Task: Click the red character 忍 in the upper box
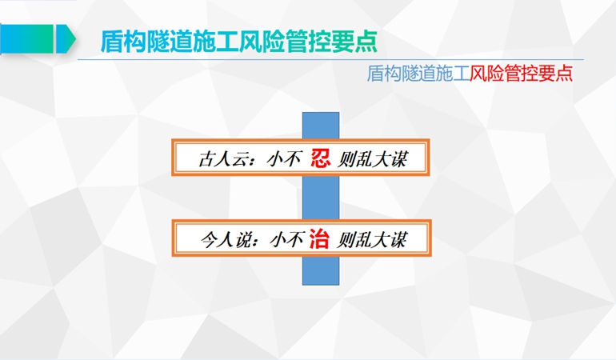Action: coord(320,158)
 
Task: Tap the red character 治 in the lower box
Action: coord(319,239)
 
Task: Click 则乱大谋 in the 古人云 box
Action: coord(373,159)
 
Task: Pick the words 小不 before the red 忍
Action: coord(284,159)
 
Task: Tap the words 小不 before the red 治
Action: coord(287,239)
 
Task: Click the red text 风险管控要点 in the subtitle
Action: coord(522,73)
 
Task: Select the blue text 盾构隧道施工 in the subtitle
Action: coord(418,73)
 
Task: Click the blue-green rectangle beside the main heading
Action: coord(26,38)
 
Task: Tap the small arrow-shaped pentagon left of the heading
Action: coord(66,38)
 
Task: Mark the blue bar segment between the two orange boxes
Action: coord(321,198)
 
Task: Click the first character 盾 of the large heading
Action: coord(112,41)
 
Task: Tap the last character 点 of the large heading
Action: coord(366,41)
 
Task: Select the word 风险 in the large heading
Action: coord(262,41)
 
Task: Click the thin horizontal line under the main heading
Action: coord(330,60)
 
